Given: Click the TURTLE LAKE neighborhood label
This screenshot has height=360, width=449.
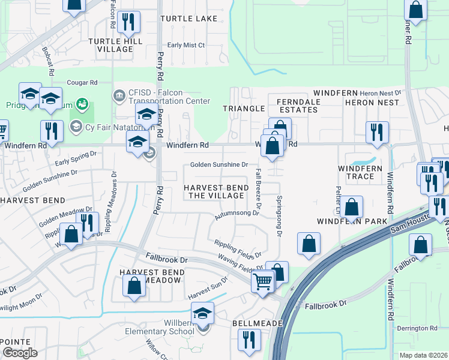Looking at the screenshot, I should click(x=189, y=19).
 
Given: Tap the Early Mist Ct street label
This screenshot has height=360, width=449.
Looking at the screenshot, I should click(x=186, y=45).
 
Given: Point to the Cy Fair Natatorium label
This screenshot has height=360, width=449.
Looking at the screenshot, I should click(x=114, y=126).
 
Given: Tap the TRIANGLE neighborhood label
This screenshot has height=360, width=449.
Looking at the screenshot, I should click(x=244, y=109).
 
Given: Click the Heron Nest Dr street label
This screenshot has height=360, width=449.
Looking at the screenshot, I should click(x=379, y=94).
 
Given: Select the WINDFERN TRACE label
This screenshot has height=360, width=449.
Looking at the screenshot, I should click(x=360, y=173).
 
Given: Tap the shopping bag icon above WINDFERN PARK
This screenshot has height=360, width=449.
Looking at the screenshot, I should click(x=352, y=208).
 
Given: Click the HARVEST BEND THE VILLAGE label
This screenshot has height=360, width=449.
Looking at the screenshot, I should click(x=216, y=192).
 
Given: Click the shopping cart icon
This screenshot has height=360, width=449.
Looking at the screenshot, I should click(x=263, y=281).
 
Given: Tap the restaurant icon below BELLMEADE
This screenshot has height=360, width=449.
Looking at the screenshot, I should click(x=248, y=340).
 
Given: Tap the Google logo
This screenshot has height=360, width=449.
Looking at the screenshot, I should click(x=20, y=353).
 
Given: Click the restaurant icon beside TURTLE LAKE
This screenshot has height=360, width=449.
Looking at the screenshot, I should click(x=128, y=23).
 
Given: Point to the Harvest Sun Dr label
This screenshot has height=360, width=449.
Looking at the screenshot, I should click(x=208, y=289).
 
